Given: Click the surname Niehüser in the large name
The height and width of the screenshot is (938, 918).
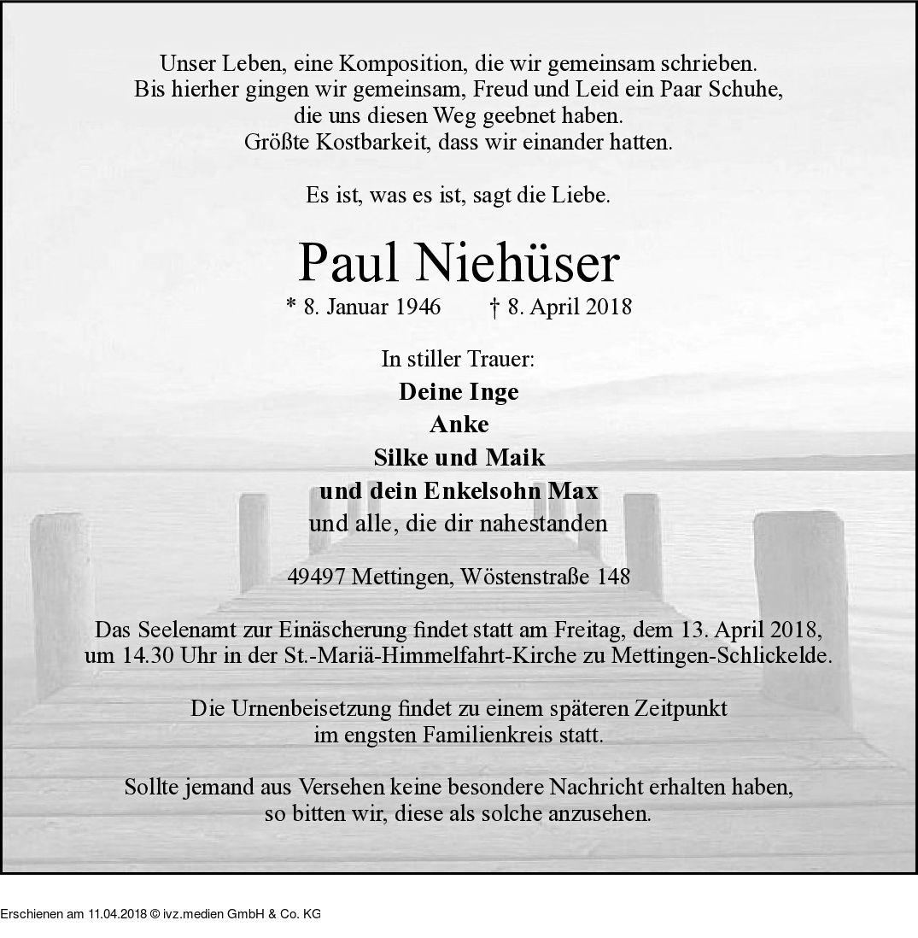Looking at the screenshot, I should pyautogui.click(x=517, y=264).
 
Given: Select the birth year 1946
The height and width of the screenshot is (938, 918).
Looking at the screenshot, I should pyautogui.click(x=418, y=307).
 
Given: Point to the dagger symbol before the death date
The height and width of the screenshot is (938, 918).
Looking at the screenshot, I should pyautogui.click(x=495, y=307).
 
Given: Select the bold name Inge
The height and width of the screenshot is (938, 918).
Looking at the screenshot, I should pyautogui.click(x=494, y=392).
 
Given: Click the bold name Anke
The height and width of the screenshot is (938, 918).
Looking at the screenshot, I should pyautogui.click(x=459, y=425).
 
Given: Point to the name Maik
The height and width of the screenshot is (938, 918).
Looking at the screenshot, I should pyautogui.click(x=515, y=458).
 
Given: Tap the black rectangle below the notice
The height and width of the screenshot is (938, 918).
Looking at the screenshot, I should pyautogui.click(x=161, y=906).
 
